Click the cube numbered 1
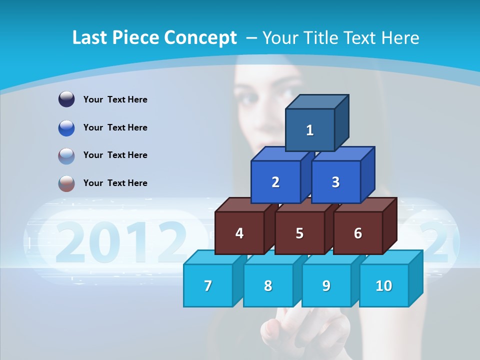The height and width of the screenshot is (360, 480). [310, 130]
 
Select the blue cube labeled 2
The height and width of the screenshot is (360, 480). [275, 182]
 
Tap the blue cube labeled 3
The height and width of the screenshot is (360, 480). [335, 182]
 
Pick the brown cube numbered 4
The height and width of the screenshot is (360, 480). [239, 233]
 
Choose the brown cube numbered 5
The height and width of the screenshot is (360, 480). [299, 233]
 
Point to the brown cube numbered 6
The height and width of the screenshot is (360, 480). [357, 233]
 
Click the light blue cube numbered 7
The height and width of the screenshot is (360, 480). [208, 285]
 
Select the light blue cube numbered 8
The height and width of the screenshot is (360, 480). [268, 285]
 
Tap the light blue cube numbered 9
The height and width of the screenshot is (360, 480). [326, 285]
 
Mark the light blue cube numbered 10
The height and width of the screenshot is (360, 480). [383, 285]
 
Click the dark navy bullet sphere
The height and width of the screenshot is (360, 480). [66, 99]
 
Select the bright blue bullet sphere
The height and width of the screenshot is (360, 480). [66, 127]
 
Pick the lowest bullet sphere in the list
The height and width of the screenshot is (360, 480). [66, 183]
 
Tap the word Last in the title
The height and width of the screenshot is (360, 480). [90, 37]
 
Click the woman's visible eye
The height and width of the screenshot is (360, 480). [250, 98]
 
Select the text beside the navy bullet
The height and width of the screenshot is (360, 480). [115, 99]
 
